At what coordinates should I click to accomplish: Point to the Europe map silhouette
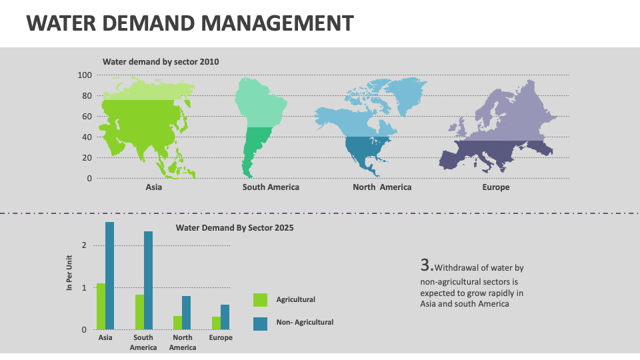[x=500, y=133]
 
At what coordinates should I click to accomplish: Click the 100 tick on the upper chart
[x=84, y=75]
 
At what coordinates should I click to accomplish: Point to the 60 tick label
[x=87, y=117]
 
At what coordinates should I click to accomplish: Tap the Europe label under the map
[x=495, y=187]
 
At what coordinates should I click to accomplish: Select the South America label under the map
[x=271, y=187]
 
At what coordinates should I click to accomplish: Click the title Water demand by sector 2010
[x=161, y=62]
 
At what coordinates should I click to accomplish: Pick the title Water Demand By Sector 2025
[x=235, y=227]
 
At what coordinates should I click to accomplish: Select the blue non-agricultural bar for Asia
[x=109, y=275]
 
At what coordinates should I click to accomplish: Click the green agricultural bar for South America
[x=139, y=311]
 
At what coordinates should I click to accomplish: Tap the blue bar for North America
[x=187, y=312]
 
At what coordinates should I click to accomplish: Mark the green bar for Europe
[x=216, y=323]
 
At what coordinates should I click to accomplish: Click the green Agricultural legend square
[x=260, y=300]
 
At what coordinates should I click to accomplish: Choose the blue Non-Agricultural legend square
[x=260, y=323]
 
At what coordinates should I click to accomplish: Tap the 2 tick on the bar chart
[x=84, y=245]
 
